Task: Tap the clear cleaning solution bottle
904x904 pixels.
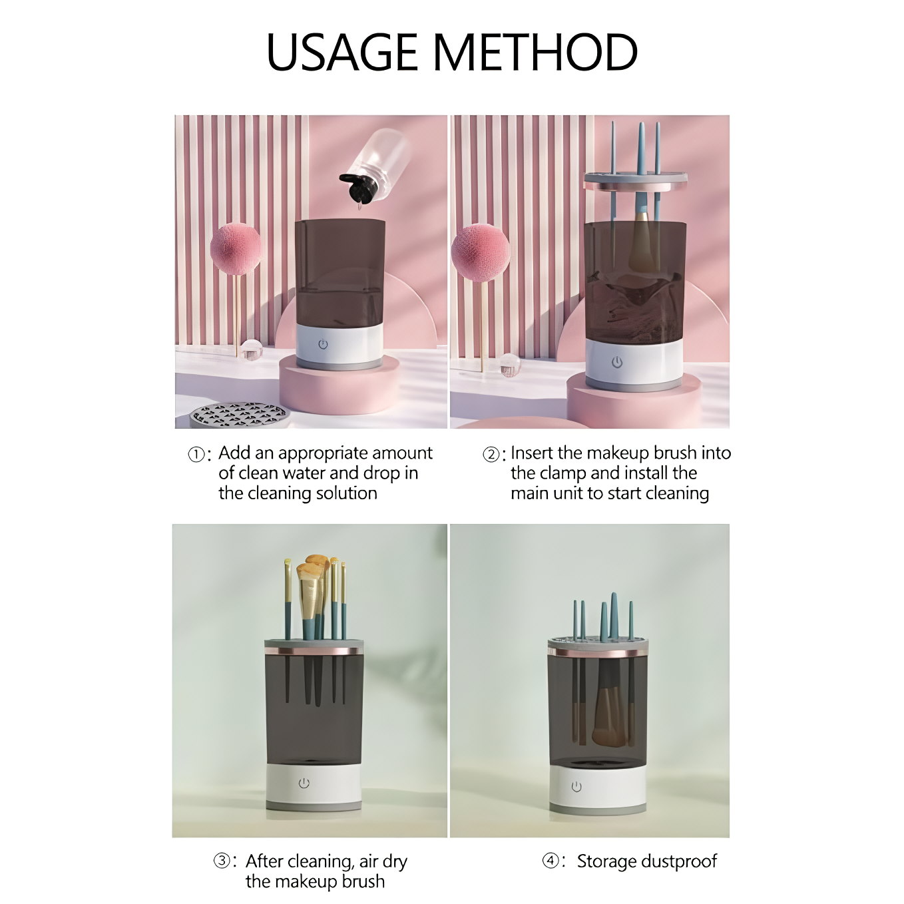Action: point(375,162)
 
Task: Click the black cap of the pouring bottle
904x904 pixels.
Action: point(357,187)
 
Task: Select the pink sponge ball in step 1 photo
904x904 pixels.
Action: point(236,249)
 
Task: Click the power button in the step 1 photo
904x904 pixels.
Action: point(323,344)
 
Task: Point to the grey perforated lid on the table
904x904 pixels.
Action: point(239,414)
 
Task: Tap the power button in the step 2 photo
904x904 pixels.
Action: point(617,361)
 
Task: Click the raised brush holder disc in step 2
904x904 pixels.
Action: point(635,182)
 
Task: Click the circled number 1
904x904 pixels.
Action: point(196,455)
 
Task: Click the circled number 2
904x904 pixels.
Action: point(491,455)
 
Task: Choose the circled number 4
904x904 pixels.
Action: point(551,861)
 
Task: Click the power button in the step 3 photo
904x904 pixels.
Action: point(304,783)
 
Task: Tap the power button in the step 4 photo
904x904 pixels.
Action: point(576,787)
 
